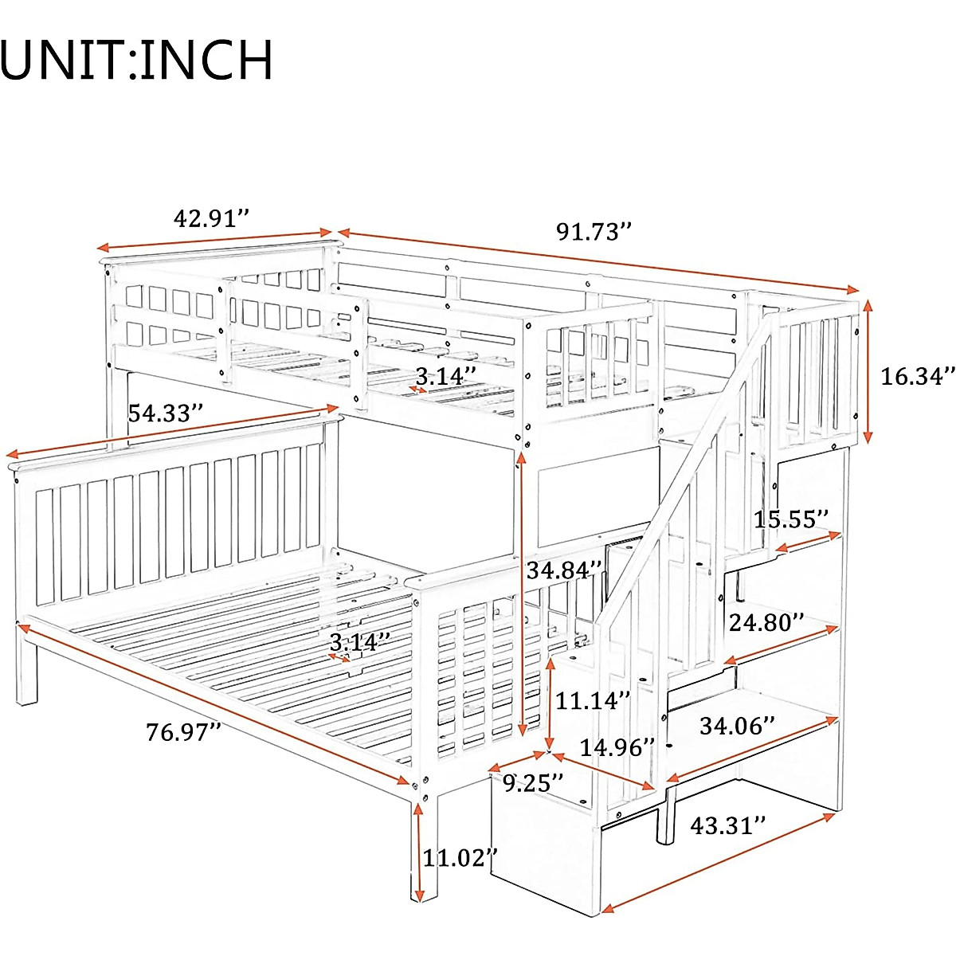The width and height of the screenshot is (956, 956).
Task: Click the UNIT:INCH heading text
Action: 137,60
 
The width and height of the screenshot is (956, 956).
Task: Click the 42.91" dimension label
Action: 212,217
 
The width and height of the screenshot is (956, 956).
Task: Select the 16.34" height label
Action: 916,376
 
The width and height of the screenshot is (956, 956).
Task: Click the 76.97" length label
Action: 183,731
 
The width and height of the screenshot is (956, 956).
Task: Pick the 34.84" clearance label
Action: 564,570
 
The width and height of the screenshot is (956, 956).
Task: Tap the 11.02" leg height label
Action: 460,858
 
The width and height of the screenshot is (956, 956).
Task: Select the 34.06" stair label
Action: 737,726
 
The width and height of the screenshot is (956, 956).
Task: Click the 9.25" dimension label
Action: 533,783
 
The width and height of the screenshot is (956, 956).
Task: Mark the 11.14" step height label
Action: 593,701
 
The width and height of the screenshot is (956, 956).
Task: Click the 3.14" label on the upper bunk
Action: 445,376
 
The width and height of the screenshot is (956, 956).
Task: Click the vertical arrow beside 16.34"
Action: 868,372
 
